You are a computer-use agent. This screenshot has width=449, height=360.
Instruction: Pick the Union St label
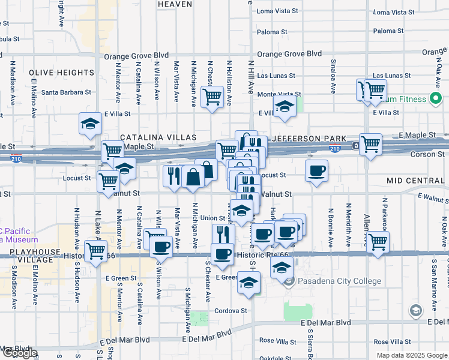[212, 218]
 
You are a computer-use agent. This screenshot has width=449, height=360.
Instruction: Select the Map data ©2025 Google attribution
[412, 355]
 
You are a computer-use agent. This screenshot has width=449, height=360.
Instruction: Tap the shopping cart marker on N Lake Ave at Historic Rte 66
[95, 250]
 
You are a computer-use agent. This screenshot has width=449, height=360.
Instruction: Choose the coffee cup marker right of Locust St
[316, 171]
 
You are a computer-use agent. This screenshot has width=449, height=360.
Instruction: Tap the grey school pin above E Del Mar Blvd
[415, 310]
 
